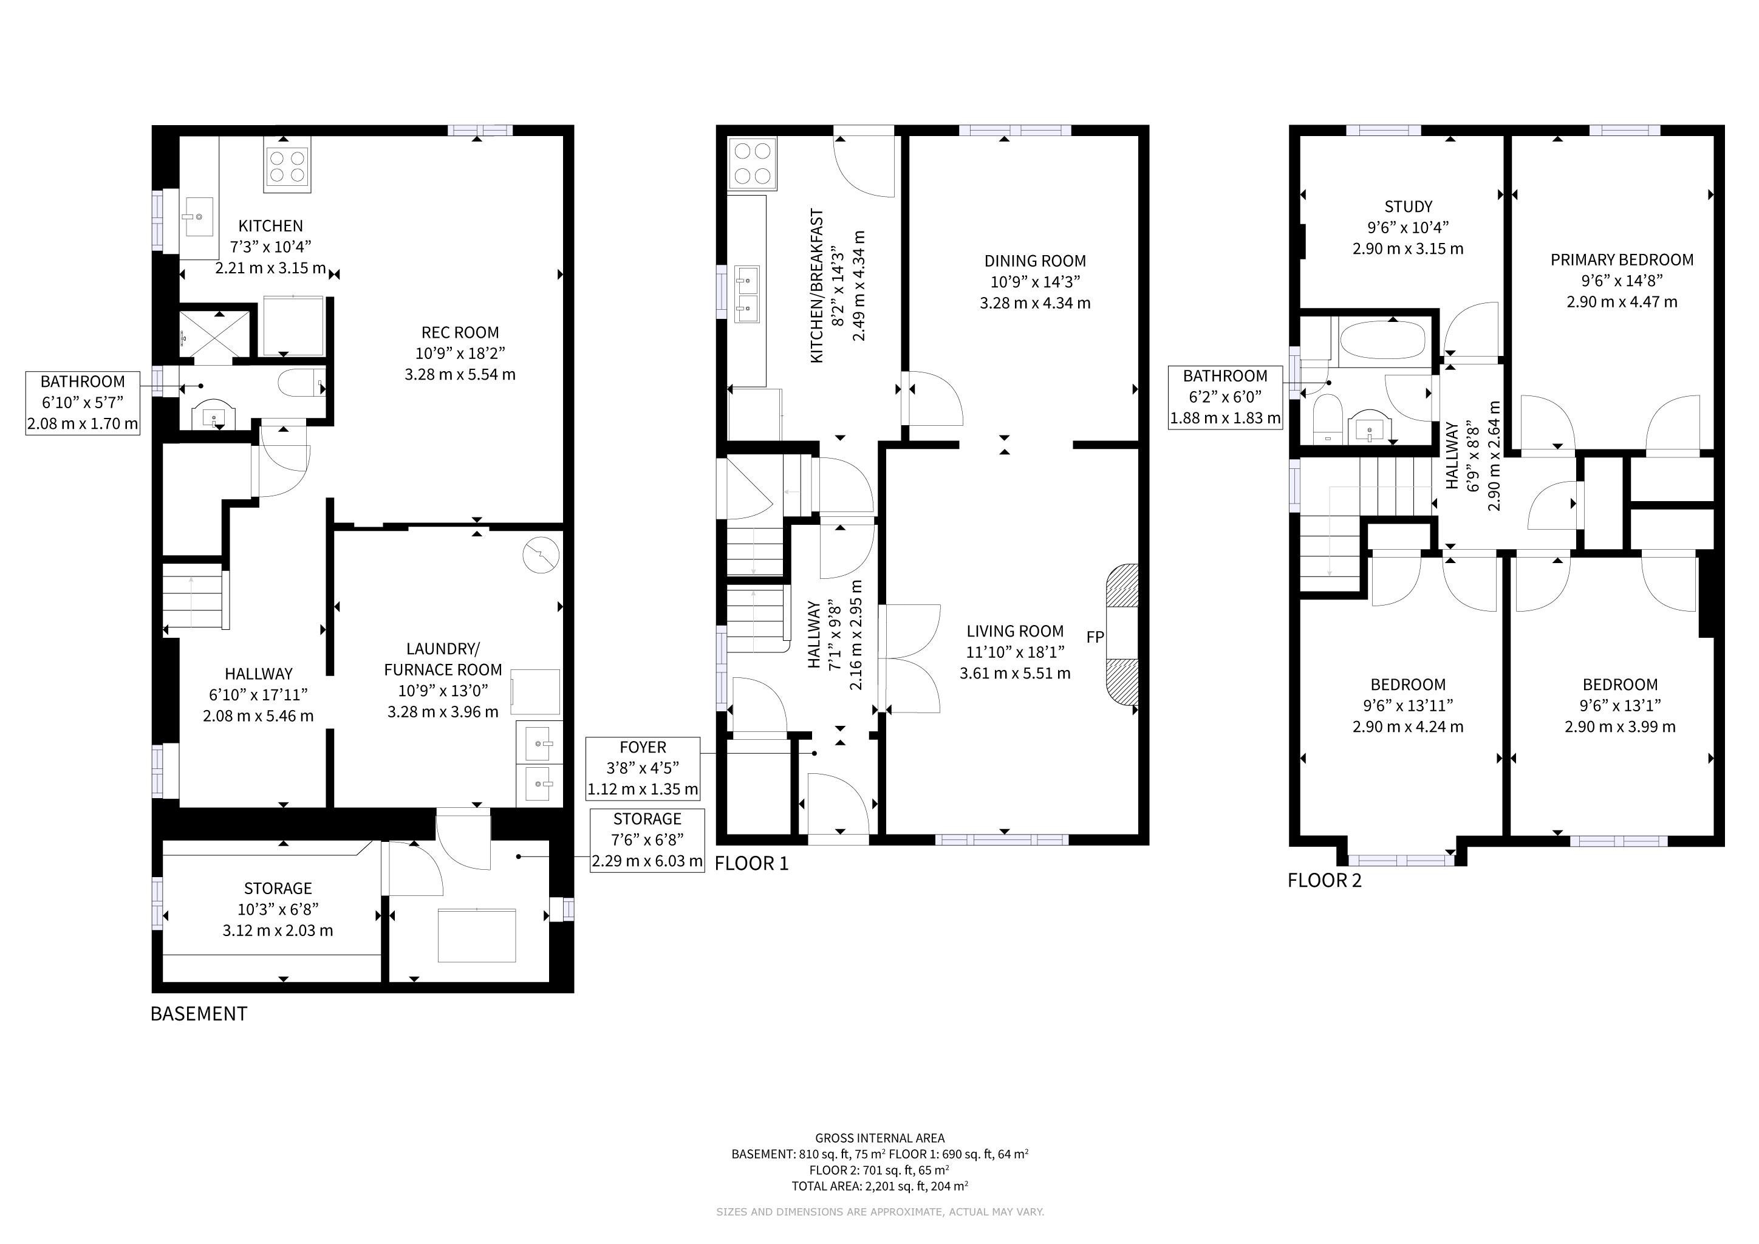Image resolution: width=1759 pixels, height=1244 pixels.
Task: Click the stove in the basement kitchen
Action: (x=287, y=168)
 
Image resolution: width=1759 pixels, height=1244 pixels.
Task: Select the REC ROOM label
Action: (x=460, y=332)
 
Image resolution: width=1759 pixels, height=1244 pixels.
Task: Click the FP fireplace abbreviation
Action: (x=1095, y=637)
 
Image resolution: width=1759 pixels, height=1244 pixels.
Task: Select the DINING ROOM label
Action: (x=1035, y=261)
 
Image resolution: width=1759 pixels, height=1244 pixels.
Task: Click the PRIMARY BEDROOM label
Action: (x=1622, y=260)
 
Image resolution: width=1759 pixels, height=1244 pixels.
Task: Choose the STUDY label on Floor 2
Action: (x=1408, y=207)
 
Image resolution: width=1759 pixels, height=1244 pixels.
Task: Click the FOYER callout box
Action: (x=643, y=768)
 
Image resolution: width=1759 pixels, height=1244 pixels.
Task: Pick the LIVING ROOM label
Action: (x=1015, y=631)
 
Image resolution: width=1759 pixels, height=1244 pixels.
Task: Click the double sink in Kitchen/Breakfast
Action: (x=747, y=295)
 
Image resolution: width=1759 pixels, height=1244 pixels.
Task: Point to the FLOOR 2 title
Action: (x=1325, y=881)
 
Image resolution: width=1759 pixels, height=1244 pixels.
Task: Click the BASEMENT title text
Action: (x=199, y=1013)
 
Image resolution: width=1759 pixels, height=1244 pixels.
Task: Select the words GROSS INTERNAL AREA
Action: (x=879, y=1138)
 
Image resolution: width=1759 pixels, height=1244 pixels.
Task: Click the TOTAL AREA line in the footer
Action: (x=879, y=1186)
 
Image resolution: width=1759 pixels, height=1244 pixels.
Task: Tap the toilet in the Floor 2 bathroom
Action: (x=1325, y=419)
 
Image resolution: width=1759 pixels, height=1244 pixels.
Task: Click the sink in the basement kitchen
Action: (x=199, y=217)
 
